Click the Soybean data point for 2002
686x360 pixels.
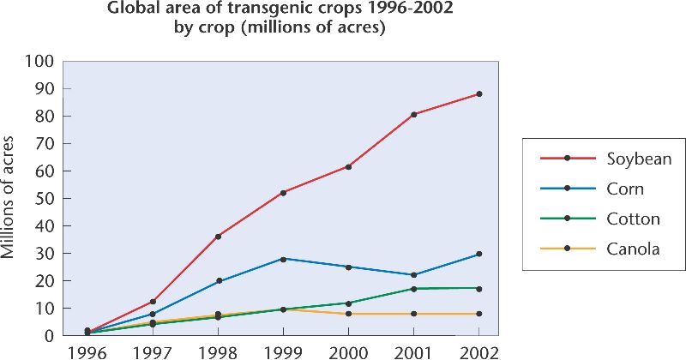478,93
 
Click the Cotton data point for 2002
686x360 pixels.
478,288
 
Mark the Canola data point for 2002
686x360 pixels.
478,314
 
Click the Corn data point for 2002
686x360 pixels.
478,254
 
